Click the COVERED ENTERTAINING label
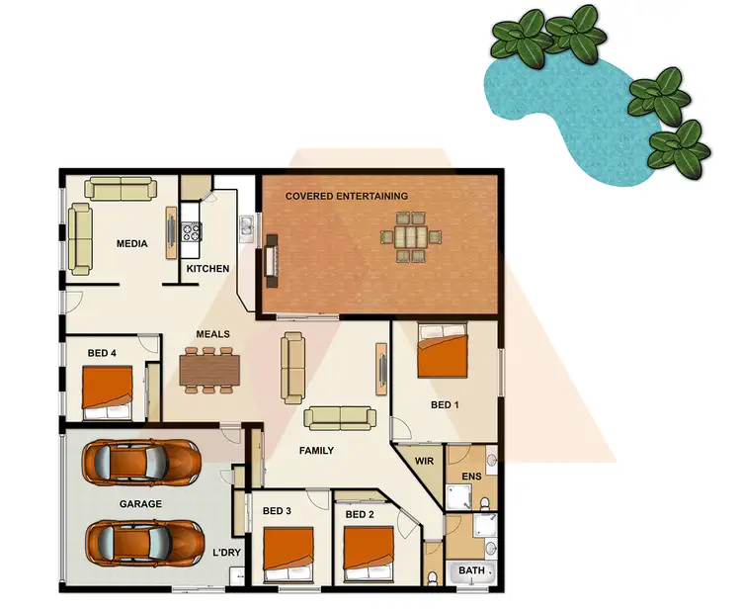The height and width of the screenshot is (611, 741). (x=347, y=196)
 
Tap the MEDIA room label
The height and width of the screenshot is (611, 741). (x=131, y=244)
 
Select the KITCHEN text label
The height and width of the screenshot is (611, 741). (x=207, y=269)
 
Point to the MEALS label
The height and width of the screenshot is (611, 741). (x=212, y=335)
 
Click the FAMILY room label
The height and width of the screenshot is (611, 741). (x=316, y=451)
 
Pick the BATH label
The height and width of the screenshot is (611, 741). (x=470, y=571)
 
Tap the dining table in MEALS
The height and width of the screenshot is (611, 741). (x=208, y=369)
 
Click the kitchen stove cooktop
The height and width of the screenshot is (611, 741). (x=191, y=232)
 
